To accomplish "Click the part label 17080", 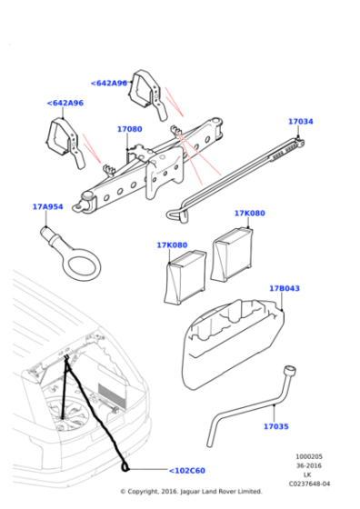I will click(x=129, y=130).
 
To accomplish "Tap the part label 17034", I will click(x=300, y=121).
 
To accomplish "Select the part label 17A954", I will click(x=48, y=207).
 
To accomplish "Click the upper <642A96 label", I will click(x=109, y=84).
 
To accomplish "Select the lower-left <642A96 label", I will click(x=65, y=104).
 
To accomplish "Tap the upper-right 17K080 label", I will click(x=249, y=214).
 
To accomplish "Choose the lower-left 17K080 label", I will click(x=171, y=245).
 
